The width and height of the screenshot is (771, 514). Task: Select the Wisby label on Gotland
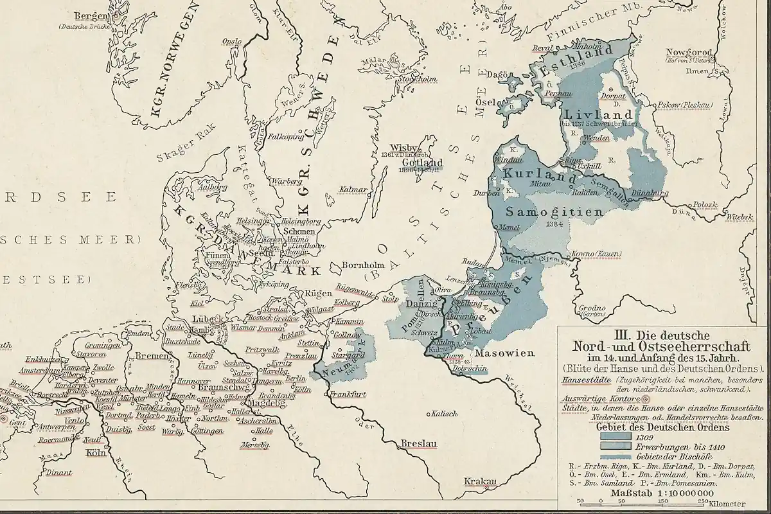[x=403, y=146]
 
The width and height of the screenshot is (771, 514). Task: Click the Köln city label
[x=94, y=452]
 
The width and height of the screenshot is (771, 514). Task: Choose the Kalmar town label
[x=355, y=190]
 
